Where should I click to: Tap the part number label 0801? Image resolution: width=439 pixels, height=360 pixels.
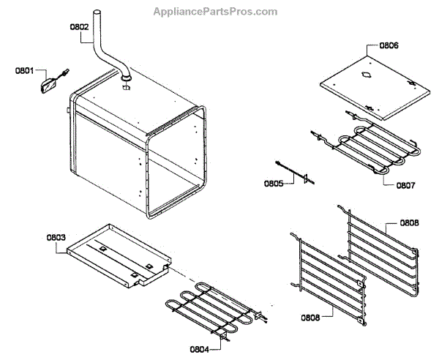(25, 71)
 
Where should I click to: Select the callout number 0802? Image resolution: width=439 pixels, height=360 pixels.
(78, 27)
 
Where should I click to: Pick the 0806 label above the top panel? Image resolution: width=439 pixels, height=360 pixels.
(389, 45)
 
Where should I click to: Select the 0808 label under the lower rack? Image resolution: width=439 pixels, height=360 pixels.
(309, 318)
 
